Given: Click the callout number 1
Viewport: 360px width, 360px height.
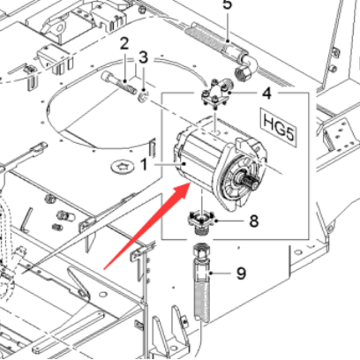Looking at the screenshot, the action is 144,164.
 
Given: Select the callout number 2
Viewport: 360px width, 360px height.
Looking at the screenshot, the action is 124,43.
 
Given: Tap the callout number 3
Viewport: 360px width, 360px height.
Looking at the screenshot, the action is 143,57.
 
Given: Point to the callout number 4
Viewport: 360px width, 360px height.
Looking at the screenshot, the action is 266,94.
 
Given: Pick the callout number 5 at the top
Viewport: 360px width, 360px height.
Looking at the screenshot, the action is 228,4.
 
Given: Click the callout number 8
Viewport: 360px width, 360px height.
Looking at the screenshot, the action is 254,221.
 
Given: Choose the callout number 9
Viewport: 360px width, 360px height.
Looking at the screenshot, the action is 241,274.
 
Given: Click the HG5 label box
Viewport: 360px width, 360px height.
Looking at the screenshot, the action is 278,128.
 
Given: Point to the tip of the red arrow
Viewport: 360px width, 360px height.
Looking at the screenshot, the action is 191,183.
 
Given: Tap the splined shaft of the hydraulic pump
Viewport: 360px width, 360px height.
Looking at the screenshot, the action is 249,182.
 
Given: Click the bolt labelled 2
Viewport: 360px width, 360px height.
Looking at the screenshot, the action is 118,83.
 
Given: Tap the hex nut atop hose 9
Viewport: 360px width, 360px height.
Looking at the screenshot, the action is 201,251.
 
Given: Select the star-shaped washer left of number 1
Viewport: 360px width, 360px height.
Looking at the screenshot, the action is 122,167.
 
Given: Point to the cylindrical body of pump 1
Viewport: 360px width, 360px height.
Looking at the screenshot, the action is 200,156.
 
